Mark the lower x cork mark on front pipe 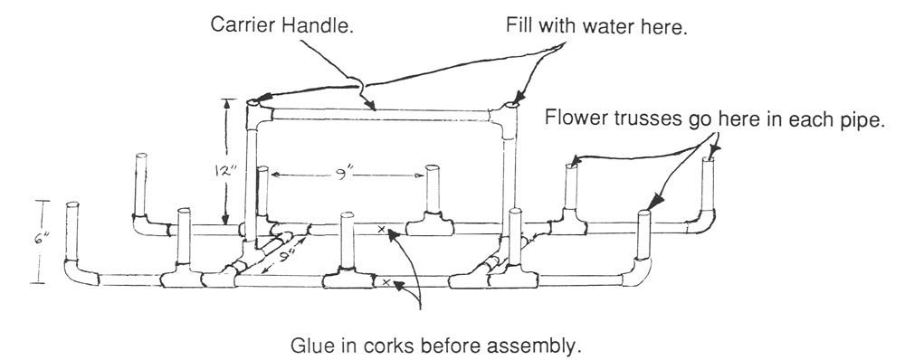click(386, 283)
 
